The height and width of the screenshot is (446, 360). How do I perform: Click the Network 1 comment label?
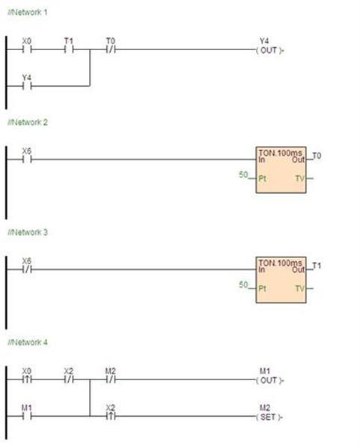click(28, 12)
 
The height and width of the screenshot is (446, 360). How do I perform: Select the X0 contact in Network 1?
click(27, 50)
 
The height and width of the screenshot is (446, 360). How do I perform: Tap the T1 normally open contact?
click(69, 50)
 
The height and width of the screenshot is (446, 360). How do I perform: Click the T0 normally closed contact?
click(111, 50)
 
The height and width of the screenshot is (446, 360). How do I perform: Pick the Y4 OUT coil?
click(269, 50)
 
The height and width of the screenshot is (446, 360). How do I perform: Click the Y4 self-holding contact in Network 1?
click(27, 86)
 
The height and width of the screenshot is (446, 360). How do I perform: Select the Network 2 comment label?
click(28, 122)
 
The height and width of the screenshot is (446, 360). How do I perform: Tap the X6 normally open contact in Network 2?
click(27, 159)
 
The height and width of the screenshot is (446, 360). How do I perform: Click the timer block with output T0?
click(281, 170)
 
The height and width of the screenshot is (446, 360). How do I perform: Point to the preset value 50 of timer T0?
click(243, 174)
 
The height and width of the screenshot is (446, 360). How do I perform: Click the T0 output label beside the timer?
click(317, 156)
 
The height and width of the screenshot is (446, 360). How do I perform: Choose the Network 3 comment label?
click(28, 232)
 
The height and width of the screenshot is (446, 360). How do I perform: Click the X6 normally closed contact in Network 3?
click(27, 269)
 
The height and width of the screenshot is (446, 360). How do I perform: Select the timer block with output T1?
click(281, 280)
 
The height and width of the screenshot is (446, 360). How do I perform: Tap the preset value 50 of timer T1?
click(243, 284)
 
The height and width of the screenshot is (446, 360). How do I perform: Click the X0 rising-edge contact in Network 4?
click(27, 379)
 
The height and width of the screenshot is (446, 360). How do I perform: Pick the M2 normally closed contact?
click(111, 379)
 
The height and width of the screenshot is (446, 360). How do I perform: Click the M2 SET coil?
click(269, 417)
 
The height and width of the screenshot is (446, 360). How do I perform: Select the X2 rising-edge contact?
click(111, 416)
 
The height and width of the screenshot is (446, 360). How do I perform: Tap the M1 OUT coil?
click(269, 380)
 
